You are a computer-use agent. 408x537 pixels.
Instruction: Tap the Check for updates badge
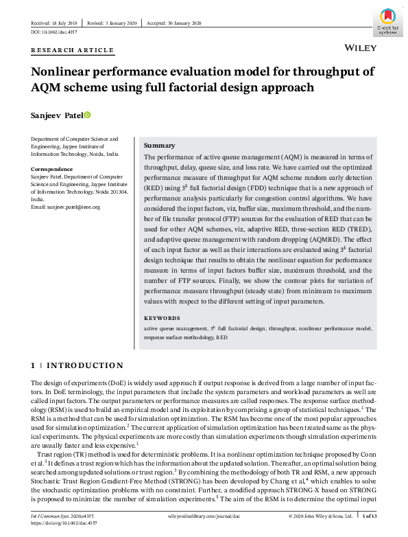pos(387,21)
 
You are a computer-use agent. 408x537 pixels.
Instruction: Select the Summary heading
pos(160,146)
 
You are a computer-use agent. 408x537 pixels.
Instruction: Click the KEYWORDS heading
pos(162,319)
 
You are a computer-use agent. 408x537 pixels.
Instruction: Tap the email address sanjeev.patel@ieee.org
pos(66,207)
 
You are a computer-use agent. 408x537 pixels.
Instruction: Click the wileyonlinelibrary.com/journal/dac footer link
pos(204,514)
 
